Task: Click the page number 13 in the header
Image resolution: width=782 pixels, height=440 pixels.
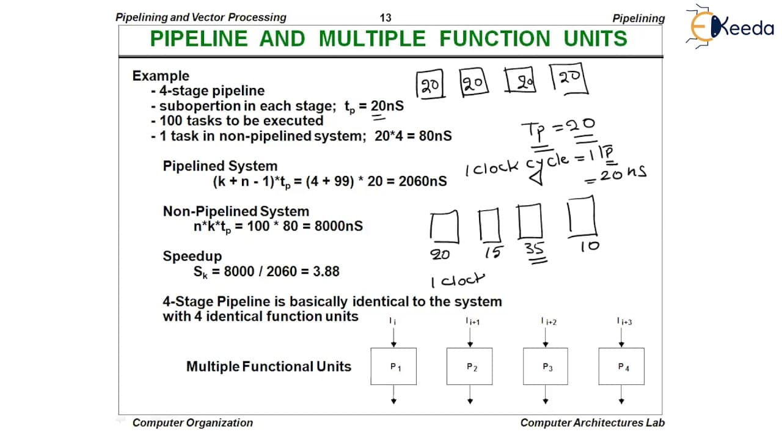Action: (x=386, y=18)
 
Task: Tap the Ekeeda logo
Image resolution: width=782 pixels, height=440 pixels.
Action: (x=729, y=26)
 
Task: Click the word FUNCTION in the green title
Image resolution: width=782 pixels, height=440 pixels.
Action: (x=495, y=38)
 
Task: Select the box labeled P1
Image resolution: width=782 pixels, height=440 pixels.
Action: (x=393, y=366)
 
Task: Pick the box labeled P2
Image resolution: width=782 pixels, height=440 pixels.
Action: (x=470, y=366)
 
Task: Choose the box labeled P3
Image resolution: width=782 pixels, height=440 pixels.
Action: (x=546, y=366)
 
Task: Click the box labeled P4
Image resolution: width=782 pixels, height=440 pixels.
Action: (x=621, y=366)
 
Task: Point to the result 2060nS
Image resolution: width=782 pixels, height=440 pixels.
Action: (x=422, y=182)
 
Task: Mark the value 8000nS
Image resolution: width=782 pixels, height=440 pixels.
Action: (x=338, y=226)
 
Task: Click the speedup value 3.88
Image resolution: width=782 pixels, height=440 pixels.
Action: (x=326, y=271)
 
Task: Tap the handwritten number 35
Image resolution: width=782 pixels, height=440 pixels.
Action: (x=534, y=249)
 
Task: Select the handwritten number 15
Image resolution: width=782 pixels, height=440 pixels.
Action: (x=494, y=252)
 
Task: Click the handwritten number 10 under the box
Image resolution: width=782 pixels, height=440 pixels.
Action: (x=590, y=246)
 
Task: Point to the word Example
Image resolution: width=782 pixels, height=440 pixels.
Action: (x=161, y=76)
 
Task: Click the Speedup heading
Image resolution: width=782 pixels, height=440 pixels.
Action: (x=192, y=256)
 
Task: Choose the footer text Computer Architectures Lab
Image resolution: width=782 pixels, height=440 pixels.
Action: (x=593, y=423)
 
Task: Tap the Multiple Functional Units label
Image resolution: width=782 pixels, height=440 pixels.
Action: (x=269, y=367)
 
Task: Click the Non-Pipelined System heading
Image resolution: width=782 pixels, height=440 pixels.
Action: (x=236, y=211)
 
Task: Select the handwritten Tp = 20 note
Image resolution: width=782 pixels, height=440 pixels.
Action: (x=558, y=129)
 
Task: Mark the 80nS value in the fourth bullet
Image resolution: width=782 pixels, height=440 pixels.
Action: (x=436, y=136)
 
